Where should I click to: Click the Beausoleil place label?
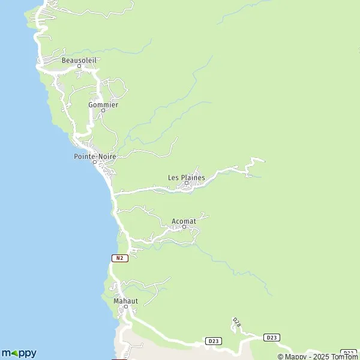tap(79, 60)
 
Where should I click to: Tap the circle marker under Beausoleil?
tap(79, 66)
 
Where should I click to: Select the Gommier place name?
tap(103, 104)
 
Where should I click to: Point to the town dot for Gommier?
tap(103, 110)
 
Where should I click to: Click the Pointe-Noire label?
tap(95, 156)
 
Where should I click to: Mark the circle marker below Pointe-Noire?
tap(94, 162)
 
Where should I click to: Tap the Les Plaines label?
tap(186, 178)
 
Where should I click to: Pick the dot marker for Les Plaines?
tap(186, 184)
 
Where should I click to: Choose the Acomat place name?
tap(184, 221)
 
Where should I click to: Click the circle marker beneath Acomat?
tap(184, 227)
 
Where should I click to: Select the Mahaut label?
tap(125, 301)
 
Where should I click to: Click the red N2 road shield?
tap(120, 257)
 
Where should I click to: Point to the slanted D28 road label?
tap(237, 323)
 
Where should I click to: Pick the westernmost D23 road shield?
tap(212, 341)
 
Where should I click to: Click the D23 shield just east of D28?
tap(272, 338)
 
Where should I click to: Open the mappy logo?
tap(19, 353)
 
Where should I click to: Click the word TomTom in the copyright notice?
tap(344, 356)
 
